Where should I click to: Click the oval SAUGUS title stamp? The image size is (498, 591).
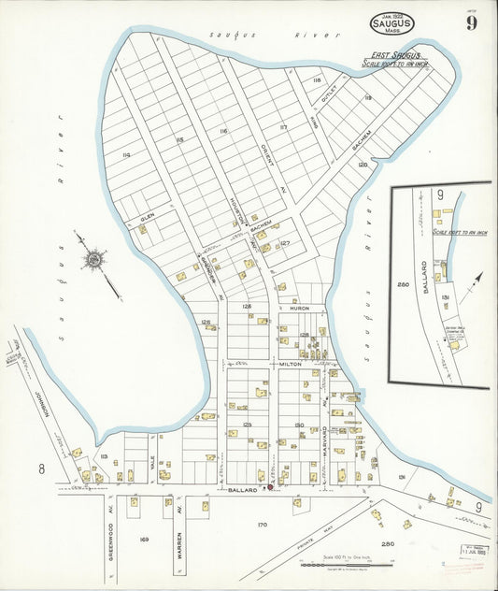pyautogui.click(x=391, y=23)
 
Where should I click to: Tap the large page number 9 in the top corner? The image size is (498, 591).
pyautogui.click(x=472, y=22)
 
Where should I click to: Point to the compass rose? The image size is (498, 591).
pyautogui.click(x=92, y=259)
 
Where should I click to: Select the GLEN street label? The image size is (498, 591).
pyautogui.click(x=148, y=215)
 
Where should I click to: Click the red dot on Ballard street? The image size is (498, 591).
pyautogui.click(x=269, y=486)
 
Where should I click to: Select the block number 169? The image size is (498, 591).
pyautogui.click(x=144, y=540)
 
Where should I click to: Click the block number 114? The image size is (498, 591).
pyautogui.click(x=126, y=154)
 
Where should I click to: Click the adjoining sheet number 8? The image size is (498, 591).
pyautogui.click(x=41, y=468)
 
